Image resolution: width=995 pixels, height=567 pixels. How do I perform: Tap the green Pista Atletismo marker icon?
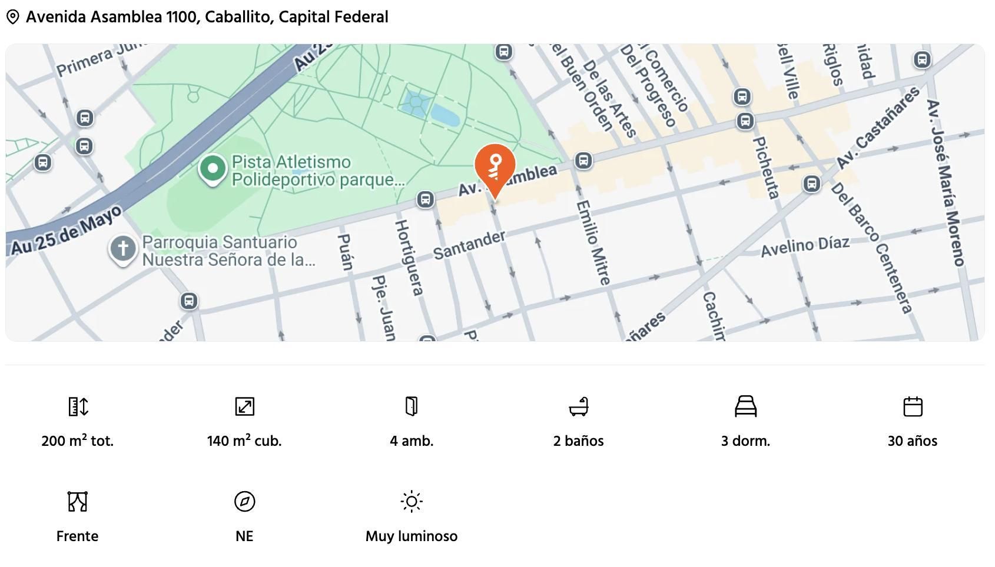click(x=213, y=169)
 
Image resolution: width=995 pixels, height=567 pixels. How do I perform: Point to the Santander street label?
click(x=469, y=245)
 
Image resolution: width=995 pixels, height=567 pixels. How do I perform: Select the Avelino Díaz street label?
click(x=805, y=246)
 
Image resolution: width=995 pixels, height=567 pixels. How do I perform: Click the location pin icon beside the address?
click(x=12, y=17)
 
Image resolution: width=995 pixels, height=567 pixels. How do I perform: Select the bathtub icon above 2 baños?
click(x=579, y=406)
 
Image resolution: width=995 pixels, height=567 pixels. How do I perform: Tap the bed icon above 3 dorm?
click(x=745, y=406)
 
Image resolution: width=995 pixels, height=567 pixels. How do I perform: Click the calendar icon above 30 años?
click(x=913, y=406)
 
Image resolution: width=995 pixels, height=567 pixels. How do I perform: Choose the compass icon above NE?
click(x=244, y=502)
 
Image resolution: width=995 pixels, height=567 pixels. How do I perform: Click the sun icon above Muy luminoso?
click(x=412, y=502)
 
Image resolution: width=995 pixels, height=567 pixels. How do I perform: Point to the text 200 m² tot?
click(x=77, y=441)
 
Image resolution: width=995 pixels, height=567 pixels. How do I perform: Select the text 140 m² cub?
click(x=244, y=441)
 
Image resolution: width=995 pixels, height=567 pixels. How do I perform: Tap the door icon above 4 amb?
click(x=412, y=406)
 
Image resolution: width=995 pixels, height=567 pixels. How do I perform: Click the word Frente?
click(x=77, y=536)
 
